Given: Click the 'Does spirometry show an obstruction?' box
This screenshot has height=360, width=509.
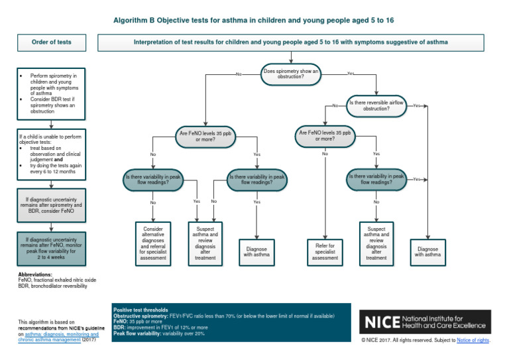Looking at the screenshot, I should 292,74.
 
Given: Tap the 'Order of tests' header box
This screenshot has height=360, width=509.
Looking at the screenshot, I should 52,42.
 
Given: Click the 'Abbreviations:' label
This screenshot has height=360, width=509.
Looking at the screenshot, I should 35,274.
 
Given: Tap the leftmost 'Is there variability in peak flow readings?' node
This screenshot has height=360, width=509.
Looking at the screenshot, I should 153,180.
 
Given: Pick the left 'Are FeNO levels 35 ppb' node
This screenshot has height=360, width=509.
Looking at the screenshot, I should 205,136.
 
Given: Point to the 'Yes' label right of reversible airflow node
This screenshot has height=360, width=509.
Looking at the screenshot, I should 417,105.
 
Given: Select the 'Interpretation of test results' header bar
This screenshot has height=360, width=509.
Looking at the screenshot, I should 290,42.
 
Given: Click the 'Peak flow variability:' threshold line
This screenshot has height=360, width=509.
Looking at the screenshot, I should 159,333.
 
